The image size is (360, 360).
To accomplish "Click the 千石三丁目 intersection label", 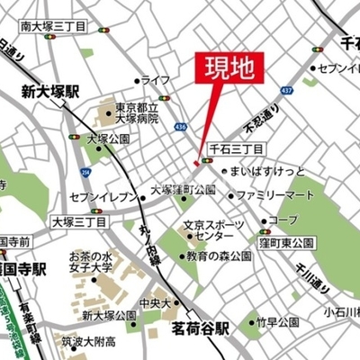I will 236,147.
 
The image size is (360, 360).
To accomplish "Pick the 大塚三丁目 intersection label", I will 76,220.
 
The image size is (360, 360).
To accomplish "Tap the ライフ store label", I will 156,80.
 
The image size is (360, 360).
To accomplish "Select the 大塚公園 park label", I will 109,139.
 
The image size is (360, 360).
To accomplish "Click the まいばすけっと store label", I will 266,171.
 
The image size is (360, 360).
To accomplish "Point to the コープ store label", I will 283,220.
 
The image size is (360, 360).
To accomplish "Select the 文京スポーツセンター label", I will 208,229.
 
